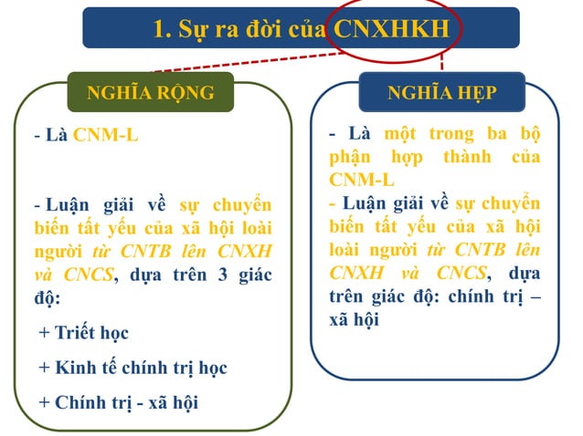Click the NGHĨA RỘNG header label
(x=150, y=93)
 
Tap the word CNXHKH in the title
(x=392, y=29)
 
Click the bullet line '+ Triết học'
(x=84, y=333)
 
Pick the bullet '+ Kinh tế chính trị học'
(x=132, y=368)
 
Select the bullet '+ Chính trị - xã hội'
(x=119, y=402)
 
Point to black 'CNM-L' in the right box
(x=363, y=179)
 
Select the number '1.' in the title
(x=164, y=29)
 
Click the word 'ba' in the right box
(x=497, y=133)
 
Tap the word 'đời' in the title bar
(x=253, y=29)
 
